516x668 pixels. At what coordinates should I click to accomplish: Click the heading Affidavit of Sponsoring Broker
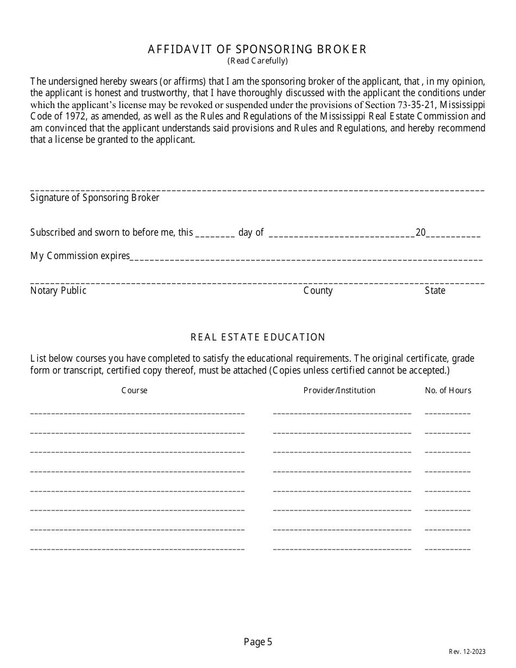(x=257, y=49)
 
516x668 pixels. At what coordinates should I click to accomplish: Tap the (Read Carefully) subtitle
(x=257, y=61)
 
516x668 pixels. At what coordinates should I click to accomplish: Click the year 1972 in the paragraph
(x=70, y=116)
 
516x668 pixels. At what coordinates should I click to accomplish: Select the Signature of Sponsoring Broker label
(x=95, y=198)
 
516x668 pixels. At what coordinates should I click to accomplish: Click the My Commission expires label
(x=80, y=256)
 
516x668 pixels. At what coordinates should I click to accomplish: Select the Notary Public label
(x=58, y=291)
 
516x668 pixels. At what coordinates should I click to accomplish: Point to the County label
(x=318, y=291)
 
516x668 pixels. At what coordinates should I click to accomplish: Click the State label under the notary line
(x=435, y=291)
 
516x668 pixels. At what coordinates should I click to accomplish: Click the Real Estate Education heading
(x=257, y=337)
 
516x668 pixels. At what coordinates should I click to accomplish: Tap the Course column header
(x=134, y=390)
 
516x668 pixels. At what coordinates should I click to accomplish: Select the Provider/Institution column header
(x=339, y=390)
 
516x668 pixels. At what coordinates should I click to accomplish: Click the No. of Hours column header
(x=448, y=390)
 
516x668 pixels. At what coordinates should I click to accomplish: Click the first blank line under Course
(x=137, y=412)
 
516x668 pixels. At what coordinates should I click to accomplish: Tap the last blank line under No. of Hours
(x=448, y=548)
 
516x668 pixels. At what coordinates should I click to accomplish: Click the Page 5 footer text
(x=257, y=642)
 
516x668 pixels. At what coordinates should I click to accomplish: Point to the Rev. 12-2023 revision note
(x=467, y=652)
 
